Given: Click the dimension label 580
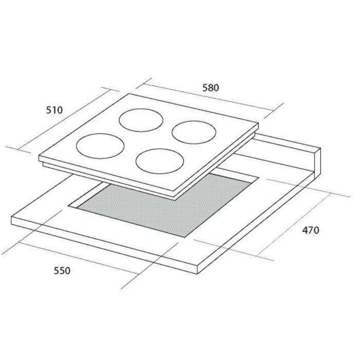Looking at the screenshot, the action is click(x=210, y=88).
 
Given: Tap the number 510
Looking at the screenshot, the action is click(x=55, y=110).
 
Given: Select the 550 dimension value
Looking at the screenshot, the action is click(x=62, y=271).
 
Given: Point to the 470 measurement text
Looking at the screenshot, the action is click(x=311, y=230).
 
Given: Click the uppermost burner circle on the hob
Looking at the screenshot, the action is click(x=141, y=109).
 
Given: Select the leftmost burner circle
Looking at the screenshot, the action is click(x=100, y=134).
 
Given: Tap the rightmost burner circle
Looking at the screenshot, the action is click(x=194, y=121).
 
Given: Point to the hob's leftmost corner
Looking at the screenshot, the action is click(x=39, y=156).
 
